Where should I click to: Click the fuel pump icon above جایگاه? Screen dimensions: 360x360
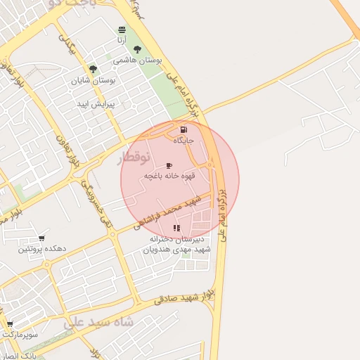[x=184, y=129]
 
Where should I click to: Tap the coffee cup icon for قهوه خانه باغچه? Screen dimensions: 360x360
[x=169, y=165]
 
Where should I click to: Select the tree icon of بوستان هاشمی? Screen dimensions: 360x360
[x=136, y=49]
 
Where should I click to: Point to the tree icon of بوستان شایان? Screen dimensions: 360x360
[x=93, y=69]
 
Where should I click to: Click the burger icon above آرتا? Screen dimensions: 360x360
[x=122, y=30]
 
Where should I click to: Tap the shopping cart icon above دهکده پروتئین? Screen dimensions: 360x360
[x=42, y=238]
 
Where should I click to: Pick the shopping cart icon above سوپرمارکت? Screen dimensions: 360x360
[x=10, y=324]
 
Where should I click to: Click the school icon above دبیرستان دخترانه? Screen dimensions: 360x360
[x=176, y=228]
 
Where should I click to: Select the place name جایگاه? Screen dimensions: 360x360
[x=184, y=141]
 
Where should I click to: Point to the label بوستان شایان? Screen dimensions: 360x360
[x=93, y=80]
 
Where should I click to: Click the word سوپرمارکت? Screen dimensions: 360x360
[x=19, y=335]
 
